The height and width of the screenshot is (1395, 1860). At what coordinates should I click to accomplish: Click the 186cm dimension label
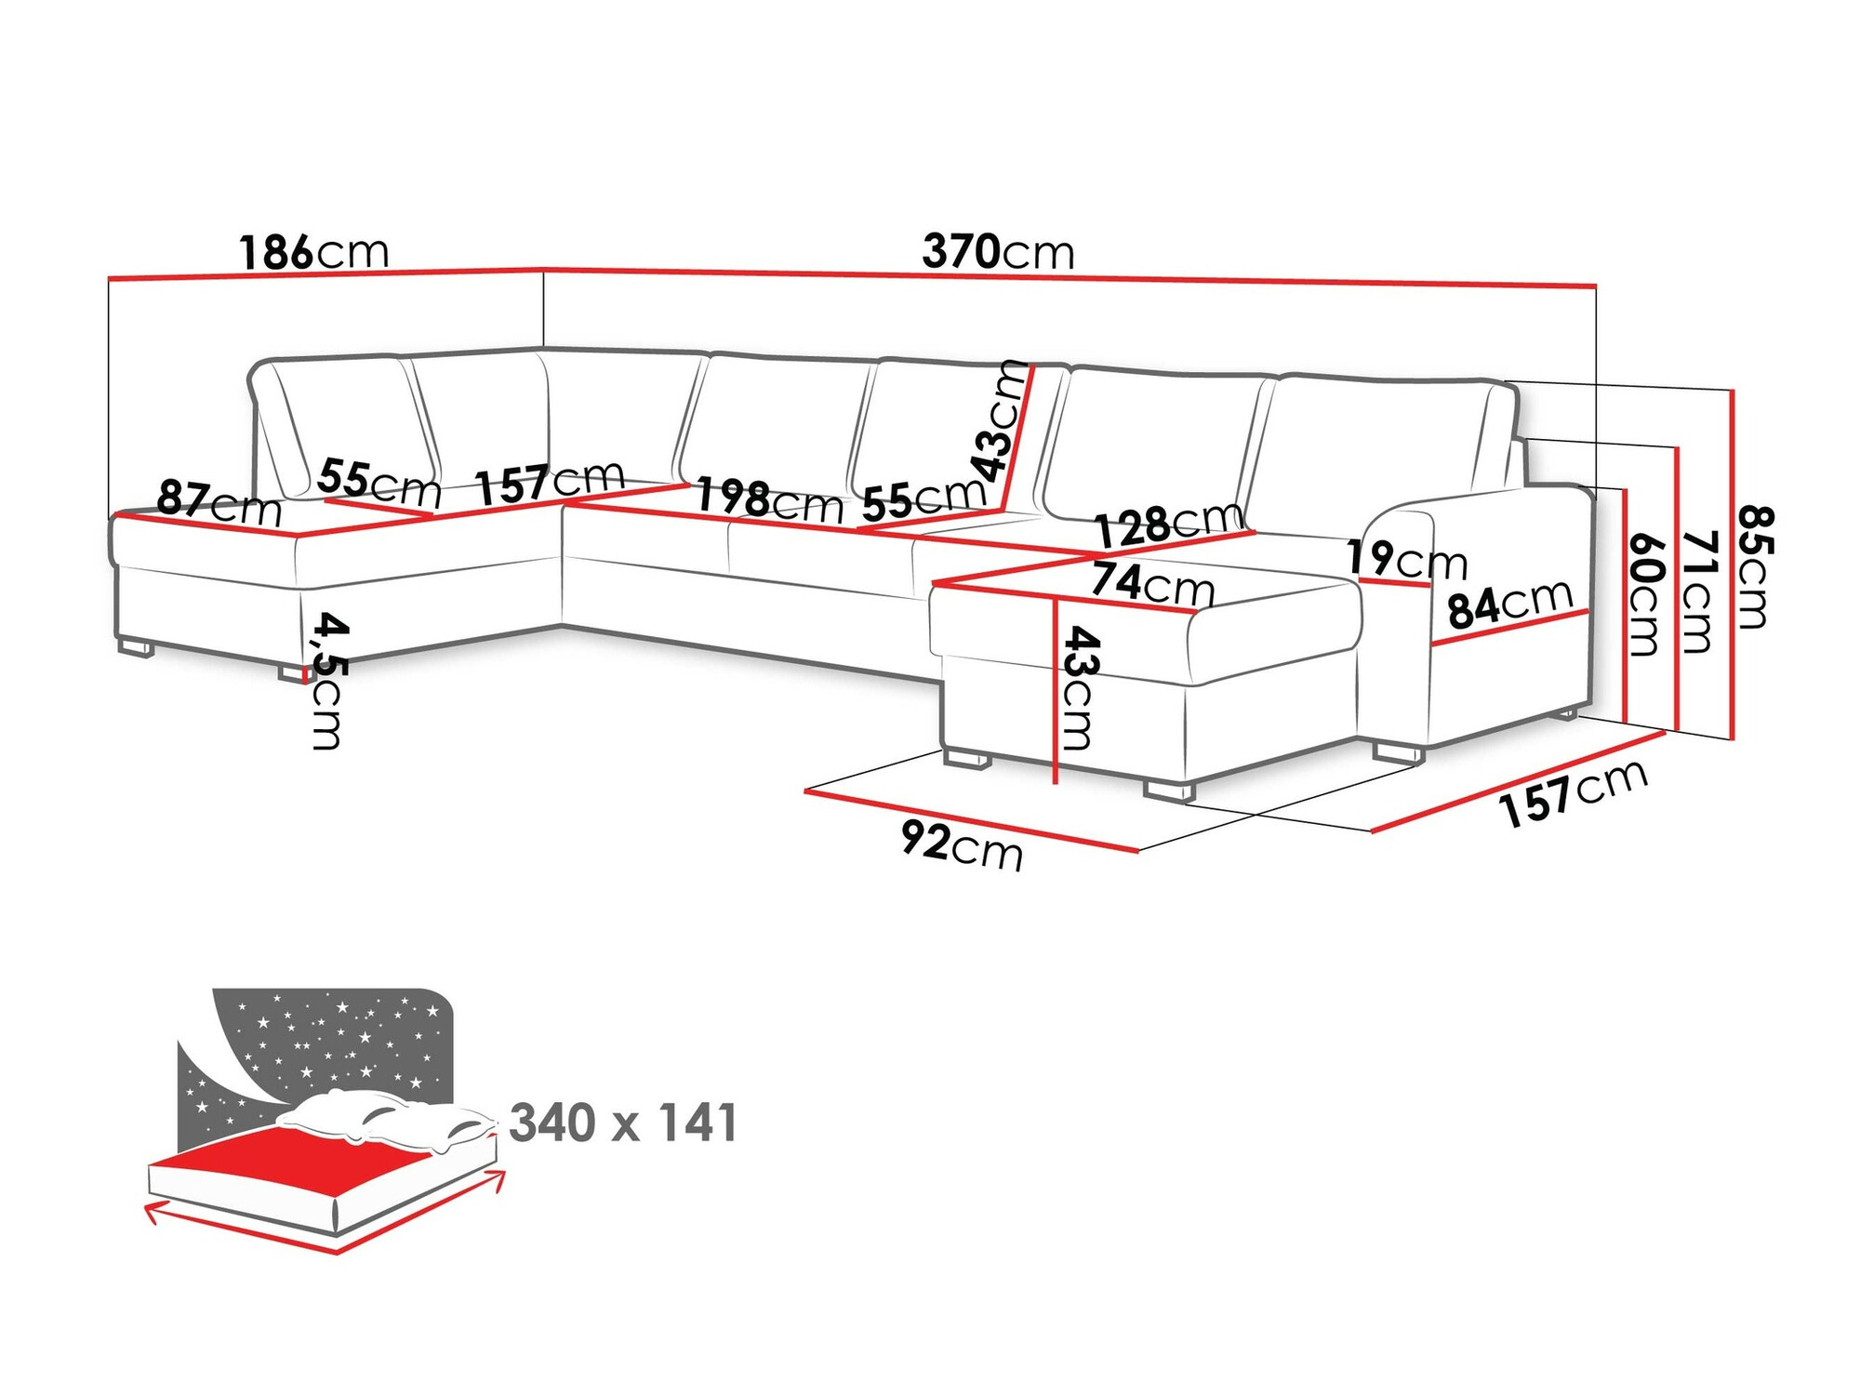pyautogui.click(x=313, y=252)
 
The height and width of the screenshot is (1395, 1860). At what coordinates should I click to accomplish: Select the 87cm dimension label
pyautogui.click(x=219, y=503)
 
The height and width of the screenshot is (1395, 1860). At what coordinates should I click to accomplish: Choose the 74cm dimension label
pyautogui.click(x=1152, y=583)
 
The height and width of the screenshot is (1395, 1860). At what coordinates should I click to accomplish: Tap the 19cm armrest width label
pyautogui.click(x=1406, y=560)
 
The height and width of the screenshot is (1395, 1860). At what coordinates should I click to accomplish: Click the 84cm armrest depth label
pyautogui.click(x=1509, y=604)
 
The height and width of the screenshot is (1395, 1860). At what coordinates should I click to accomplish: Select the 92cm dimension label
pyautogui.click(x=962, y=846)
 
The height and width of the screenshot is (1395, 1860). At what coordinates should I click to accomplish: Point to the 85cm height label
pyautogui.click(x=1755, y=566)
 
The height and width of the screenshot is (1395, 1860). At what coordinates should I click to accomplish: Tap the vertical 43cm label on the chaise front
pyautogui.click(x=1080, y=687)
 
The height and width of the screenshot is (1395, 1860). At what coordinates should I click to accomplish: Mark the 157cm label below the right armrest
pyautogui.click(x=1574, y=793)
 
